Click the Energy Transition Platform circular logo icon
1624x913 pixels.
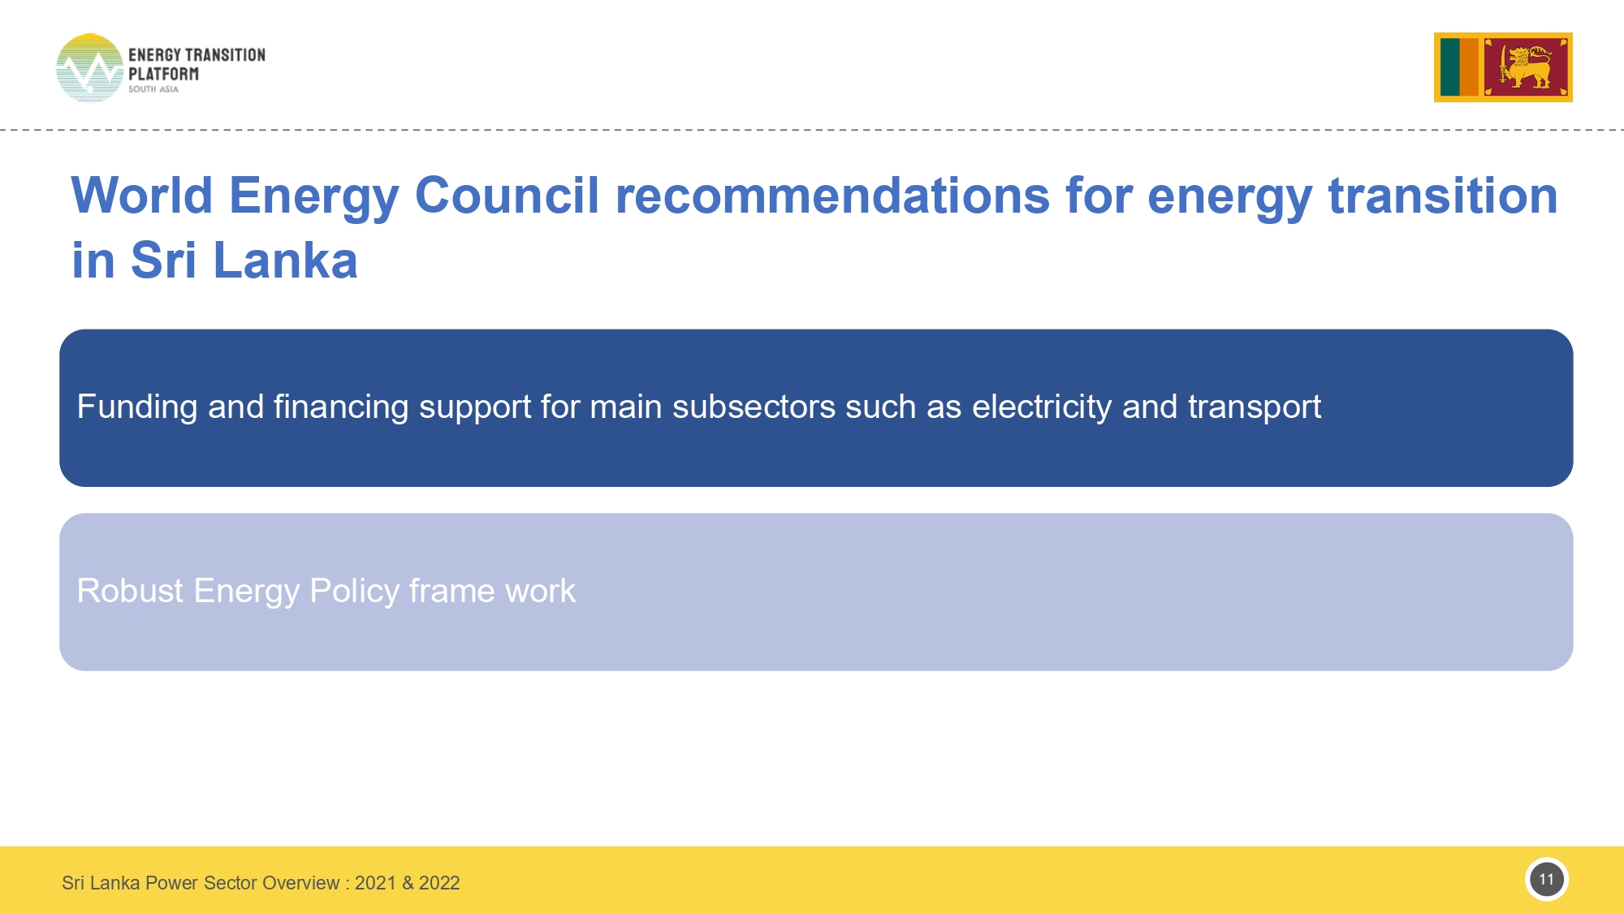tap(89, 68)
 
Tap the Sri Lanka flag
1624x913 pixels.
tap(1503, 67)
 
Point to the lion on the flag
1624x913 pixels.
tap(1525, 67)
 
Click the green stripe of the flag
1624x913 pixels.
tap(1450, 67)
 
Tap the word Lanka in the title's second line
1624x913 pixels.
tap(285, 261)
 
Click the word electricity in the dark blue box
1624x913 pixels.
tap(1042, 407)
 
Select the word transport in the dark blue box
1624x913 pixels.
tap(1255, 407)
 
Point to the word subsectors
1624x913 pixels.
tap(754, 407)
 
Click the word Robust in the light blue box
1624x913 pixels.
tap(130, 591)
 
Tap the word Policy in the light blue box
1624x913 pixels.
tap(355, 592)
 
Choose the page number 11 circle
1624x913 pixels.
tap(1547, 880)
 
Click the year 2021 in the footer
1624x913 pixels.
tap(375, 883)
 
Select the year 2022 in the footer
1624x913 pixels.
tap(439, 883)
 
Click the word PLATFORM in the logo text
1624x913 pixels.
tap(163, 74)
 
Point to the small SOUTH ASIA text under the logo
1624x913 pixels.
tap(153, 89)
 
